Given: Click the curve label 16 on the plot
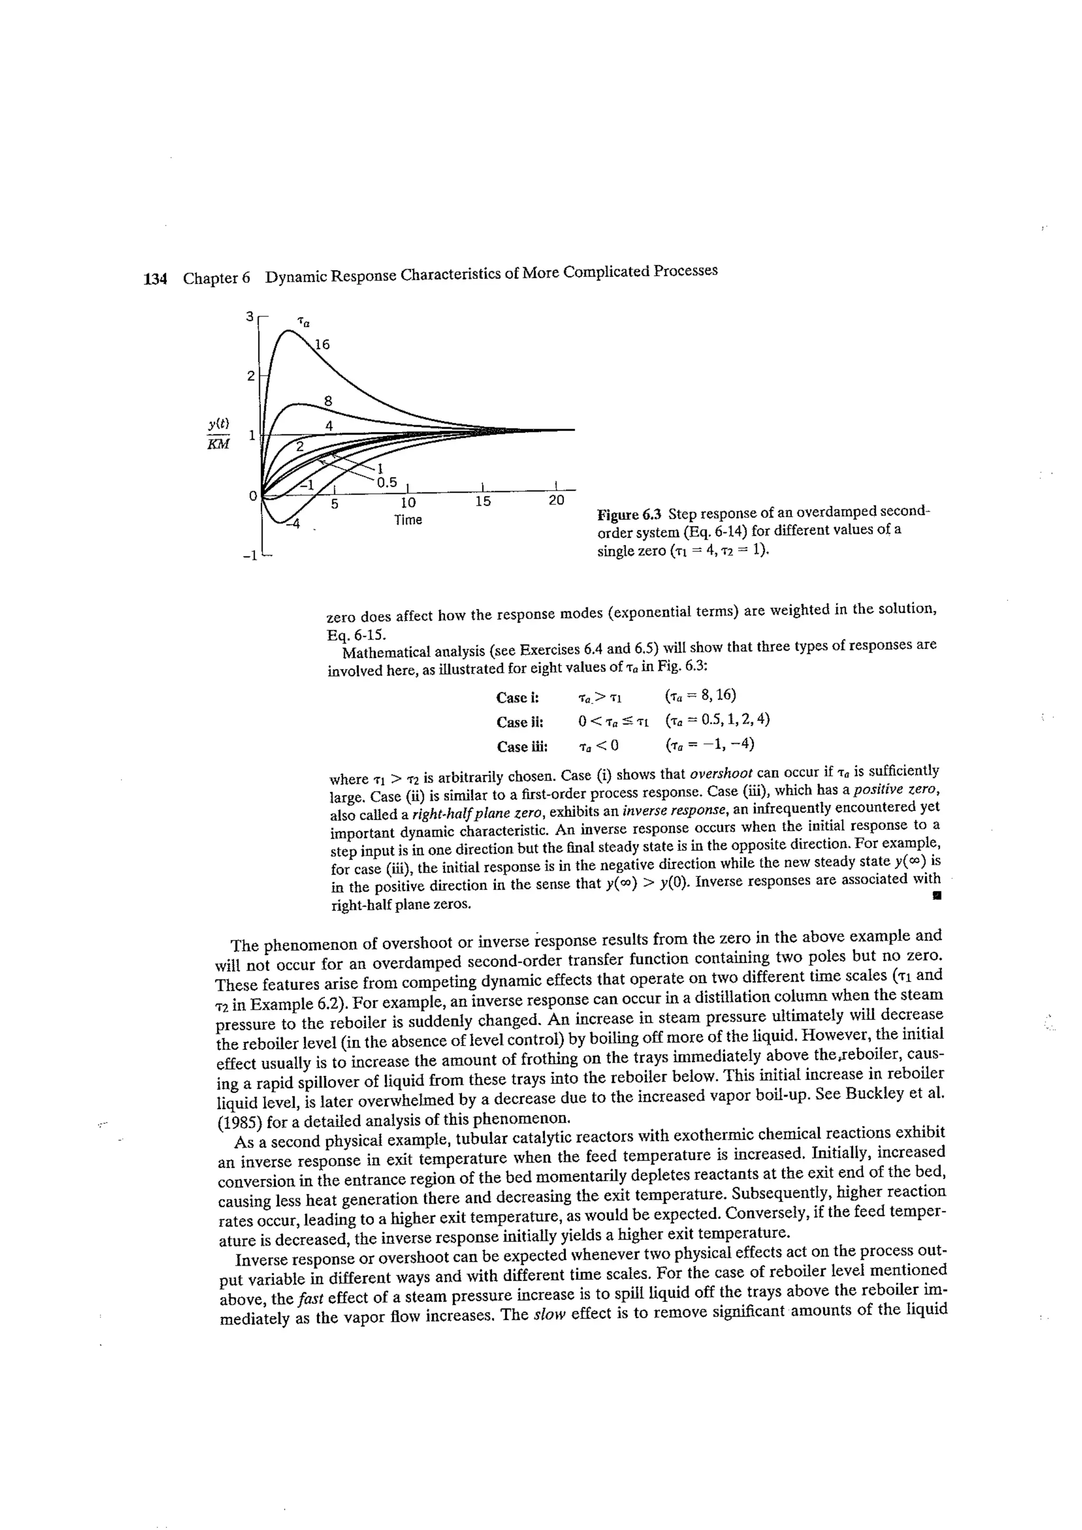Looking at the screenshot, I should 322,344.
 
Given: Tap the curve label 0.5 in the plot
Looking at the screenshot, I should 386,482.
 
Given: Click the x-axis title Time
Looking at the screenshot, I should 408,520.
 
